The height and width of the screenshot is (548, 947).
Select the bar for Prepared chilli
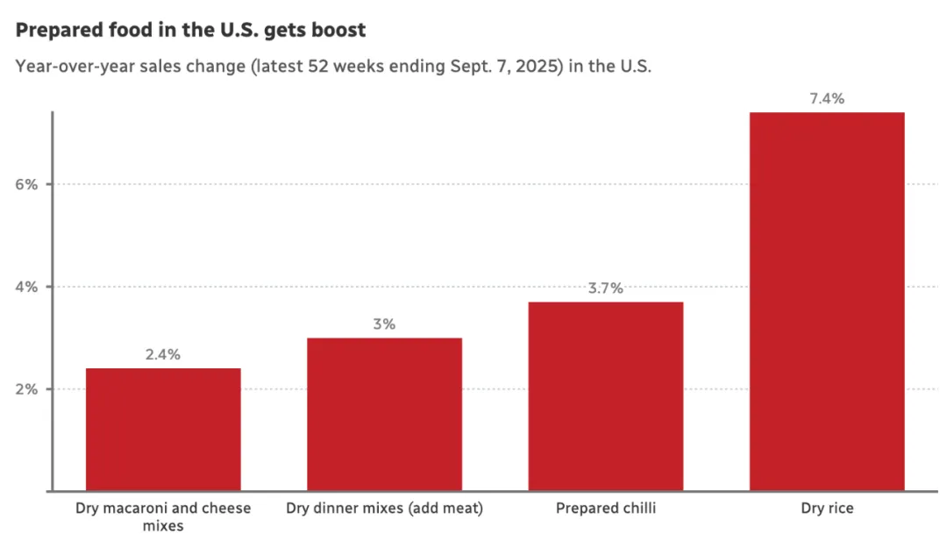tap(605, 395)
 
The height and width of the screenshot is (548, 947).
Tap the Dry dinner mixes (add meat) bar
tap(384, 414)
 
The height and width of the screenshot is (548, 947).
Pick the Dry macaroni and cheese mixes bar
tap(163, 429)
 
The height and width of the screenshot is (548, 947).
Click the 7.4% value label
tap(827, 99)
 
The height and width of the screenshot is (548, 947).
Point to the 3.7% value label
tap(605, 288)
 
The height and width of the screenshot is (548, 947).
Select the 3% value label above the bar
tap(384, 324)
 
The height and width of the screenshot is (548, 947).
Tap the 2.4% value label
tap(163, 355)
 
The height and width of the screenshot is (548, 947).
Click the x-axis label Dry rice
tap(827, 509)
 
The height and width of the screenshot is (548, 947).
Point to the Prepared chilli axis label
tap(605, 509)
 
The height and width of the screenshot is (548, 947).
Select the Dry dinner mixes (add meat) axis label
tap(384, 509)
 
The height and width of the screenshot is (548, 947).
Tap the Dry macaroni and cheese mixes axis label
tap(163, 517)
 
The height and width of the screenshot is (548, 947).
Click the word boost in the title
tap(338, 30)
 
